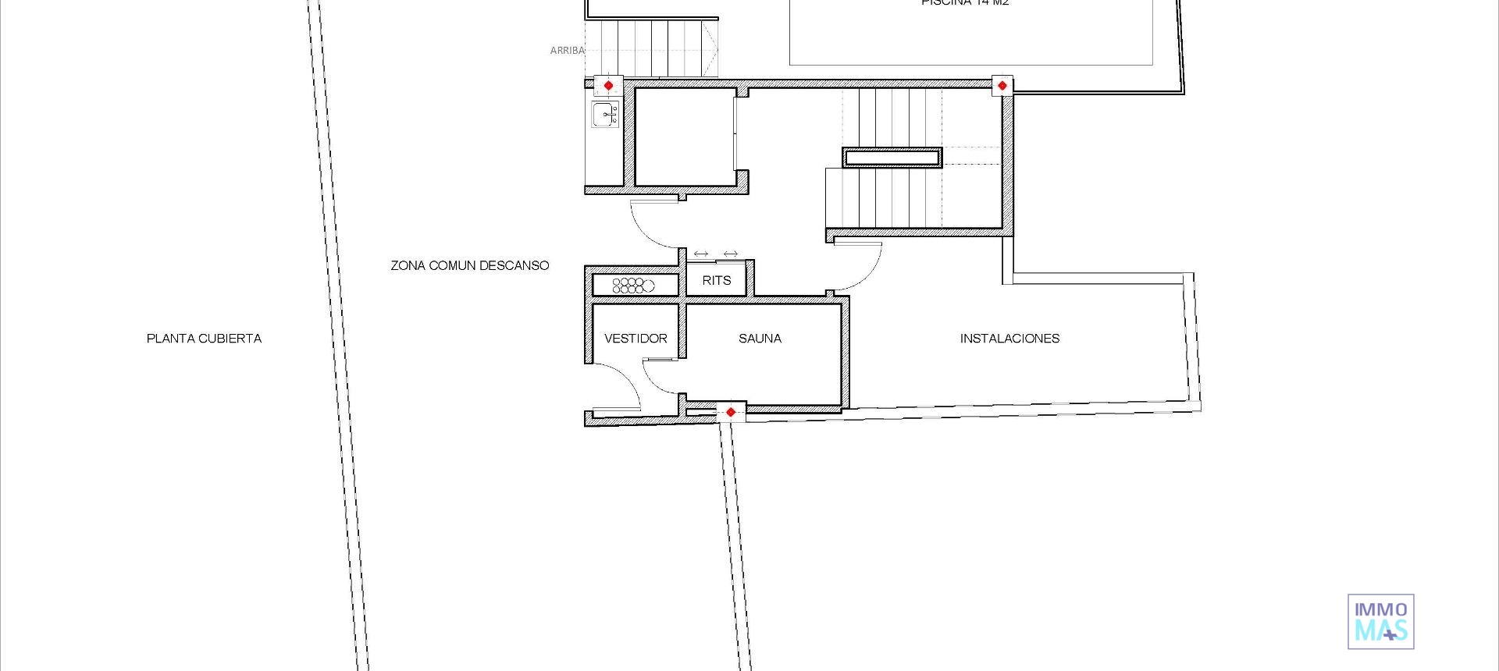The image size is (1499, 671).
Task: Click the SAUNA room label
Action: pyautogui.click(x=760, y=339)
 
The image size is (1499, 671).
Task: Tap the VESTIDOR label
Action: pyautogui.click(x=636, y=339)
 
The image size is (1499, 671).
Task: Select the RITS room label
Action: pyautogui.click(x=716, y=281)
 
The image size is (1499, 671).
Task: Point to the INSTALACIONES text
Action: pyautogui.click(x=1009, y=339)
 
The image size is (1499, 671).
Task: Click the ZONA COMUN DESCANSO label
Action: pyautogui.click(x=470, y=266)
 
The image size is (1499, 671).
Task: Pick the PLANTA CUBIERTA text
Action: pyautogui.click(x=204, y=339)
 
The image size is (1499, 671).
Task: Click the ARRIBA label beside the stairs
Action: pyautogui.click(x=567, y=51)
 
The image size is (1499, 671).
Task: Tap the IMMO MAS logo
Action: pyautogui.click(x=1380, y=621)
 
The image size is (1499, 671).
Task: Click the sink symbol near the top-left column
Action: pyautogui.click(x=606, y=114)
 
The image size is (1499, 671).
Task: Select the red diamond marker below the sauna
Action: pyautogui.click(x=730, y=412)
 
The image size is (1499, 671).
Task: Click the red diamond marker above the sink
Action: pyautogui.click(x=608, y=85)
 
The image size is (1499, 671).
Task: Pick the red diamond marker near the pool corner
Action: pyautogui.click(x=1002, y=85)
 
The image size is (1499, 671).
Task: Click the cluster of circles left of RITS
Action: pyautogui.click(x=632, y=286)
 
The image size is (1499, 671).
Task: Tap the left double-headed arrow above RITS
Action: pyautogui.click(x=701, y=254)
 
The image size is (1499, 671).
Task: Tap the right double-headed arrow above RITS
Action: pyautogui.click(x=730, y=254)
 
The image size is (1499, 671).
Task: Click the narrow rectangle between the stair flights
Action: pyautogui.click(x=892, y=158)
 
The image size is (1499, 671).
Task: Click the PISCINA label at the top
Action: pyautogui.click(x=964, y=3)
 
